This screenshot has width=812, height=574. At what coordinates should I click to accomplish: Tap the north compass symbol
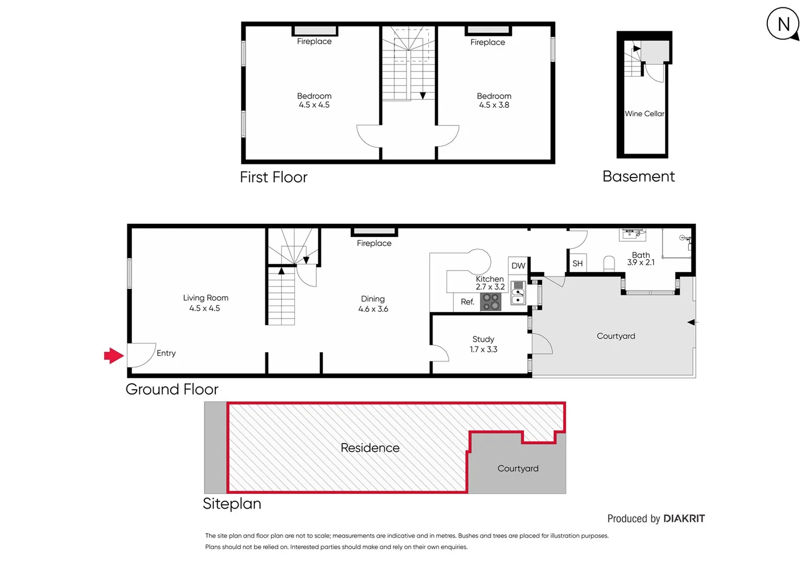pyautogui.click(x=783, y=24)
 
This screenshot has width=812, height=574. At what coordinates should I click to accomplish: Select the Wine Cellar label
pyautogui.click(x=644, y=114)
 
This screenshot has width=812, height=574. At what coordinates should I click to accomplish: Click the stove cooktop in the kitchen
pyautogui.click(x=490, y=302)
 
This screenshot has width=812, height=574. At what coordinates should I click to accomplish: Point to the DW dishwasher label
pyautogui.click(x=518, y=266)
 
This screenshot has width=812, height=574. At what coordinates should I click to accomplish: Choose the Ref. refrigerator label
pyautogui.click(x=467, y=302)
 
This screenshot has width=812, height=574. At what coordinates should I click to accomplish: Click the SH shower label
pyautogui.click(x=577, y=264)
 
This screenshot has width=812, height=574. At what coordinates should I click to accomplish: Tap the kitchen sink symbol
pyautogui.click(x=518, y=293)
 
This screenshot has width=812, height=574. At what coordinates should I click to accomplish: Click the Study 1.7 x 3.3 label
pyautogui.click(x=483, y=344)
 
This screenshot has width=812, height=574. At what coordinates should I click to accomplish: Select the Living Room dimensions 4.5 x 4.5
pyautogui.click(x=205, y=308)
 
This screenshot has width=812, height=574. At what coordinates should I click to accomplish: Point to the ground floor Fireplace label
pyautogui.click(x=374, y=243)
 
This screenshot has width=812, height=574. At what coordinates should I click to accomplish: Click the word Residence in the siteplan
pyautogui.click(x=370, y=448)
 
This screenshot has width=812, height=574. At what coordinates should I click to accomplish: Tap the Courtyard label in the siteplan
pyautogui.click(x=518, y=468)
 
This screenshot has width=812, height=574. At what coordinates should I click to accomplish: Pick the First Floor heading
pyautogui.click(x=273, y=177)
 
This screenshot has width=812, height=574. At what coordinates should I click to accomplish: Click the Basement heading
pyautogui.click(x=638, y=176)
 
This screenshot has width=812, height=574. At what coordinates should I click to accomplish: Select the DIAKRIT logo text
pyautogui.click(x=684, y=519)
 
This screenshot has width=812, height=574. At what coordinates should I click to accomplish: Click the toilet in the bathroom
pyautogui.click(x=609, y=263)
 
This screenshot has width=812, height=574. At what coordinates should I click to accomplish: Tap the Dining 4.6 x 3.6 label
pyautogui.click(x=373, y=304)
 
